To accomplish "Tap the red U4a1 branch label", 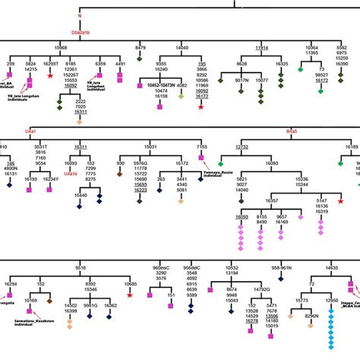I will [x=33, y=130].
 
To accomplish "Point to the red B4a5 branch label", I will [x=292, y=130].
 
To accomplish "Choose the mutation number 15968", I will [x=81, y=47].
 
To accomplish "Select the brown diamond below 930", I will [x=120, y=175].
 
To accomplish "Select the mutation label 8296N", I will [x=311, y=315].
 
